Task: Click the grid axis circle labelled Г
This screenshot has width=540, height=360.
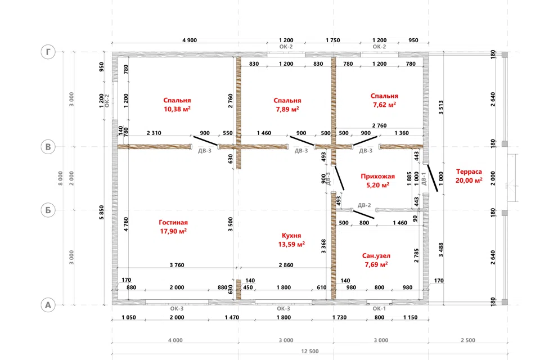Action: pos(48,52)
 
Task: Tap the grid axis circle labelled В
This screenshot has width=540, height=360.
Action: pos(48,147)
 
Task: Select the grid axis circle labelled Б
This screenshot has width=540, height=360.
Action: pos(48,210)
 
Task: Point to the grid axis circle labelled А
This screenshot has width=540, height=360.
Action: pos(48,305)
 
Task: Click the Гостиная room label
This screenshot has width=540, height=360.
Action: pos(173,223)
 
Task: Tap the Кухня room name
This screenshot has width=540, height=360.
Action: pos(291,236)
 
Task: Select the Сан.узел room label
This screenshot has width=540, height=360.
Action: pos(376,255)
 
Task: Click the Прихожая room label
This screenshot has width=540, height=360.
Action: pos(378,177)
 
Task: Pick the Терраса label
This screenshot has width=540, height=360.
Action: pos(469,172)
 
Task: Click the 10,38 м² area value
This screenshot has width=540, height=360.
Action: pos(177,109)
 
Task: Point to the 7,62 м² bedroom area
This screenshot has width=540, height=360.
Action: pos(384,105)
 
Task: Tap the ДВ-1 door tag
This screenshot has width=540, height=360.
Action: pos(424,179)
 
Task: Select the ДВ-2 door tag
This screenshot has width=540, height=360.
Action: pos(364,205)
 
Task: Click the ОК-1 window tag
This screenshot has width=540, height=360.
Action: pos(379,309)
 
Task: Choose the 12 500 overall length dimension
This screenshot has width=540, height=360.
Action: pos(310,352)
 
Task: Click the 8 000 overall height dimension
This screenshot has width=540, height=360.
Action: pos(61,178)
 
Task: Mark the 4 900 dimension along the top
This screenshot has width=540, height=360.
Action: pos(190,40)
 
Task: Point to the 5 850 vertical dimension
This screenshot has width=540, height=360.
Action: pos(101,213)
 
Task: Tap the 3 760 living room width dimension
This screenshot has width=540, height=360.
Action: pos(177,265)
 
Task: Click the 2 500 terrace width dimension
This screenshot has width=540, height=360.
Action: pos(468,340)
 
